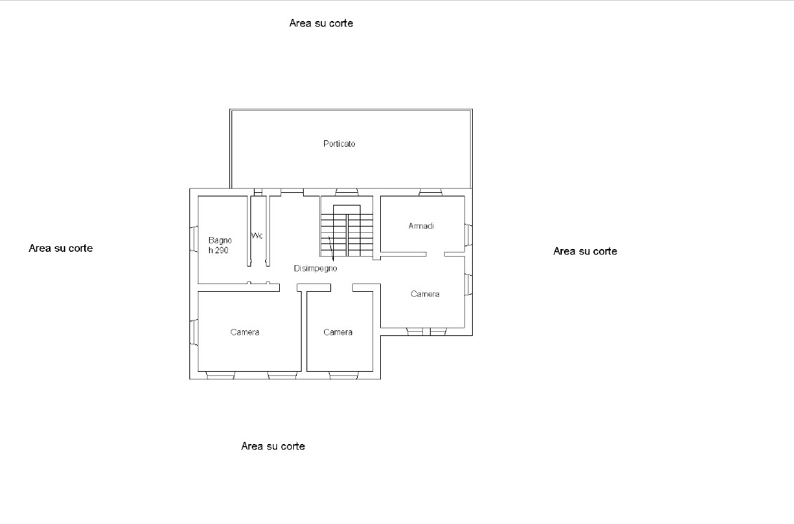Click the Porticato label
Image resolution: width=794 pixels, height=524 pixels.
coord(339,144)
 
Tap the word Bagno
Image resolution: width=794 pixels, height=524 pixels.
coord(220,241)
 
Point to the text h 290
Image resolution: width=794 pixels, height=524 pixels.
coord(218,250)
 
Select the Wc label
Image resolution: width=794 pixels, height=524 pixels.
coord(257,236)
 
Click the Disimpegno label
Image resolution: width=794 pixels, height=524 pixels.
coord(315,269)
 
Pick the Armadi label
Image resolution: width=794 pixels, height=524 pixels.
coord(422,226)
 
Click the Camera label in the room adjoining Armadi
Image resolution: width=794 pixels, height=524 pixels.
coord(425,294)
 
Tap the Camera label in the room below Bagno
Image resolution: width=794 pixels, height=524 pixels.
coord(245,332)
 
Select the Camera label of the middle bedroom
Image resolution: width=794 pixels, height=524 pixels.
coord(338,332)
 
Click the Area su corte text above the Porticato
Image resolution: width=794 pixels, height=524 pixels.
coord(321,23)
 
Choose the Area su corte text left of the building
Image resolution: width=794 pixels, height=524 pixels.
coord(61,248)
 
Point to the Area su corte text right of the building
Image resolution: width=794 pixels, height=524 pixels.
coord(585,251)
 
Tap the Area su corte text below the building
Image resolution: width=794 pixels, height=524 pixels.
coord(273,446)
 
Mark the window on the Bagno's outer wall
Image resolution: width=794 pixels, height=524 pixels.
coord(194,239)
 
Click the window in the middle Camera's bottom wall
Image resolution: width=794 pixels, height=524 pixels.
coord(344,375)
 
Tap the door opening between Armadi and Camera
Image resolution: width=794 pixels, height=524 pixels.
coord(435,254)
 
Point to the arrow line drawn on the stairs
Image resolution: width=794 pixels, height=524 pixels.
coord(330,249)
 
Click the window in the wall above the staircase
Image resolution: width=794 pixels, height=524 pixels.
coord(347,192)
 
